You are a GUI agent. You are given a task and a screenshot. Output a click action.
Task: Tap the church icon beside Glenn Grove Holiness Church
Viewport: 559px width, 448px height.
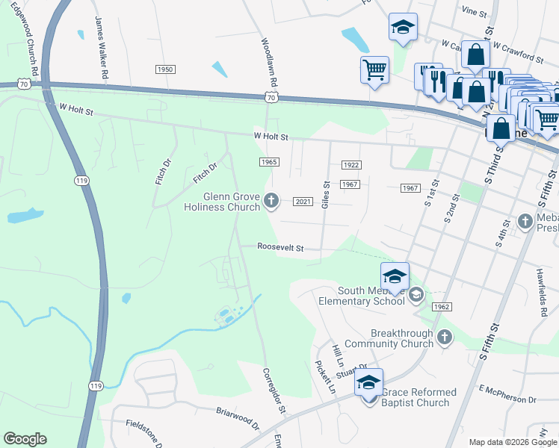[x=272, y=201]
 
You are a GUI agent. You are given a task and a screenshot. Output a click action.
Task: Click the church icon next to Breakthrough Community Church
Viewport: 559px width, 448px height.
[x=445, y=337]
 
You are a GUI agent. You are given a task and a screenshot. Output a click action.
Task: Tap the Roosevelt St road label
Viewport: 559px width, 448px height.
[x=280, y=247]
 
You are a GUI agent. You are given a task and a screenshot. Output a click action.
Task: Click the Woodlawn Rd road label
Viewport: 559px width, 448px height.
[x=274, y=61]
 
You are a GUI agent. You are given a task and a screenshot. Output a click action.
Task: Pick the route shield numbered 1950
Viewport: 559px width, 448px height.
[x=165, y=69]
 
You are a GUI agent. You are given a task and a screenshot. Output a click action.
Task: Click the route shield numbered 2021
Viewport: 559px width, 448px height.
[x=303, y=202]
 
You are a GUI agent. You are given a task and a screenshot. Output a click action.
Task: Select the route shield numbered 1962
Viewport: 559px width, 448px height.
[x=442, y=307]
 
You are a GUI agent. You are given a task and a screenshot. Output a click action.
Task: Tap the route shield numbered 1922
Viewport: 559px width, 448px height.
[x=351, y=164]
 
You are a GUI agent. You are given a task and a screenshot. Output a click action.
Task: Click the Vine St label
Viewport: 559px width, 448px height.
[x=474, y=12]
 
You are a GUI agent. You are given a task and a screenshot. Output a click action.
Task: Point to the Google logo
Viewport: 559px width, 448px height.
[x=25, y=439]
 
